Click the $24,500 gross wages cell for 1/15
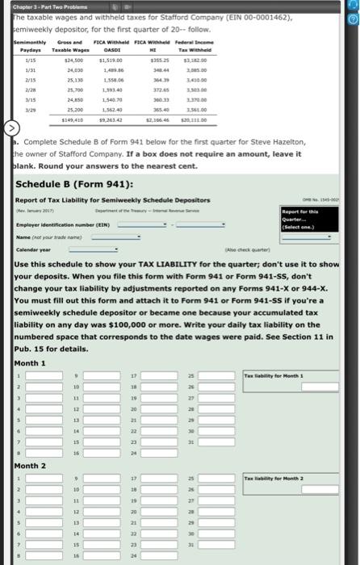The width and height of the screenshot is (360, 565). click(x=74, y=60)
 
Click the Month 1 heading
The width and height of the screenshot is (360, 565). click(x=31, y=362)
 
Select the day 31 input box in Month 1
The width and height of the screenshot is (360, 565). click(x=211, y=442)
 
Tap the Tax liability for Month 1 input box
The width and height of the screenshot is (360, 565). click(x=296, y=388)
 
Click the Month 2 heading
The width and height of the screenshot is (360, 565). click(x=31, y=467)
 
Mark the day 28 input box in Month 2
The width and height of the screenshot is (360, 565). click(x=211, y=513)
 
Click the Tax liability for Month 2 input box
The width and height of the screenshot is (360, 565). click(x=296, y=492)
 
